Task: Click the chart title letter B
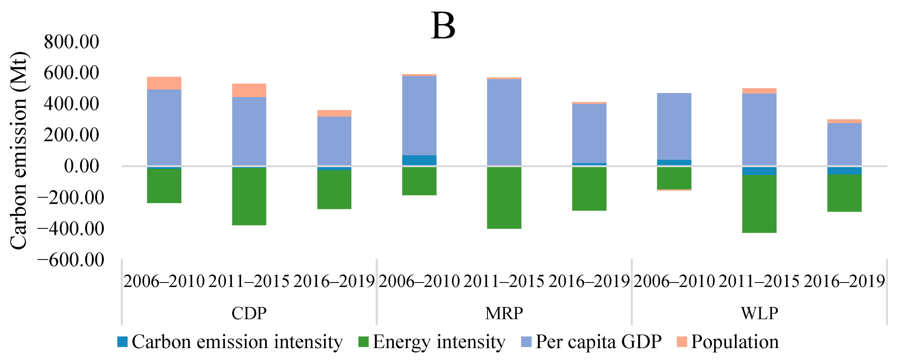point(443,26)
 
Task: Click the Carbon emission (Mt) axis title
point(18,151)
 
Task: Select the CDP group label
point(249,313)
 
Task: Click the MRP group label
point(504,313)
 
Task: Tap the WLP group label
point(760,313)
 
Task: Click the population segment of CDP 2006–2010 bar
point(164,83)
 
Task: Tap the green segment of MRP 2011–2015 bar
point(504,198)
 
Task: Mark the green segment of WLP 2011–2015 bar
point(760,204)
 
